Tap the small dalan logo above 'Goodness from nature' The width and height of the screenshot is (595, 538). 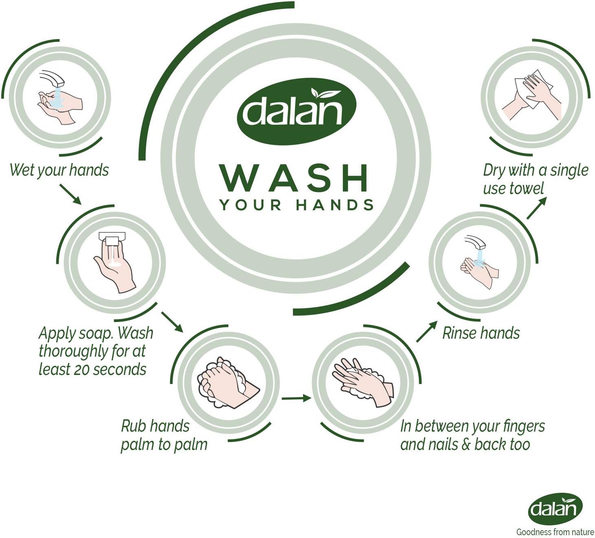[x=555, y=509]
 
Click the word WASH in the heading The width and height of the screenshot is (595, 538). [x=294, y=179]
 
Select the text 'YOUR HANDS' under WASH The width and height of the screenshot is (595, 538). [x=297, y=205]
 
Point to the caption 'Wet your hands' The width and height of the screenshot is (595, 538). [x=59, y=170]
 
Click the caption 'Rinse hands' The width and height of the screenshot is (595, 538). [x=481, y=333]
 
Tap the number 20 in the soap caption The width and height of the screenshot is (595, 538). [x=81, y=370]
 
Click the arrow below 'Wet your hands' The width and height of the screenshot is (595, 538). [x=70, y=194]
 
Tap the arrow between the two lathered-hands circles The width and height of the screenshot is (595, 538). [x=296, y=398]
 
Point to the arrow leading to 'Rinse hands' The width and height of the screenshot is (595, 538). [x=427, y=332]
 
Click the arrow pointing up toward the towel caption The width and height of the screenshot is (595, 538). [x=536, y=208]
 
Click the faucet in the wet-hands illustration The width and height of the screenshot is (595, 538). [x=53, y=77]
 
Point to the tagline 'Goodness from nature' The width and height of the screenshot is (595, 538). [x=555, y=532]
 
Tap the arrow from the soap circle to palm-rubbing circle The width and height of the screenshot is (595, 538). [x=172, y=322]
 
